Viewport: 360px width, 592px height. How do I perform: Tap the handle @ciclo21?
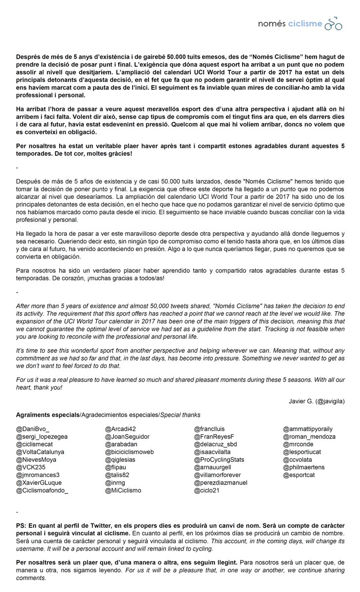[x=209, y=490]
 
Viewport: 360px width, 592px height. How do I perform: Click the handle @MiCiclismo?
[x=123, y=490]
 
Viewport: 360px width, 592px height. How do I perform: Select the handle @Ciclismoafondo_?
[x=42, y=490]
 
